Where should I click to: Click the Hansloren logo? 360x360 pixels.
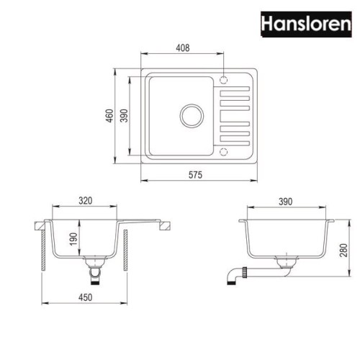tap(306, 24)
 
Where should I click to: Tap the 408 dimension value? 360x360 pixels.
tap(183, 48)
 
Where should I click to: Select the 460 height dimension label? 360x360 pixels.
tap(109, 116)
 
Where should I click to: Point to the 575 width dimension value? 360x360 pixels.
tap(195, 175)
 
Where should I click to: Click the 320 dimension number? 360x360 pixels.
tap(85, 201)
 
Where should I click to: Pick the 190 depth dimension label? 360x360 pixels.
tap(73, 239)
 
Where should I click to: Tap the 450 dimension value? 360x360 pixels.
tap(85, 297)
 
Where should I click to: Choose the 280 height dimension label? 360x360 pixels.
tap(343, 251)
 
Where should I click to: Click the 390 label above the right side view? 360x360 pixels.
tap(285, 202)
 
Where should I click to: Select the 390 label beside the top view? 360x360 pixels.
tap(124, 116)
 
